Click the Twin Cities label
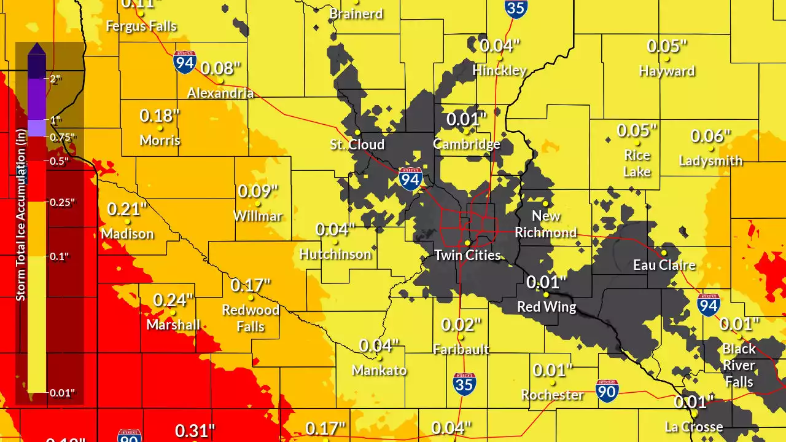click(x=467, y=255)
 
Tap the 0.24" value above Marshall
click(x=173, y=300)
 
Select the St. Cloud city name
click(x=357, y=144)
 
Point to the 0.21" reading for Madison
click(x=127, y=209)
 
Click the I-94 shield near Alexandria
click(x=185, y=63)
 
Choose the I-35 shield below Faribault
click(x=464, y=384)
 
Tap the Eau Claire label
click(x=664, y=265)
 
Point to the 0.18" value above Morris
click(x=160, y=116)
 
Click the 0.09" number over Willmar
click(x=258, y=191)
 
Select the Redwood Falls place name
click(x=251, y=318)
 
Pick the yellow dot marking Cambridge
click(x=467, y=131)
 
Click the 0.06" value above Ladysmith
click(x=710, y=136)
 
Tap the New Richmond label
click(x=546, y=224)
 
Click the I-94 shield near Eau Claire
click(x=709, y=305)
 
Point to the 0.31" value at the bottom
click(x=195, y=431)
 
